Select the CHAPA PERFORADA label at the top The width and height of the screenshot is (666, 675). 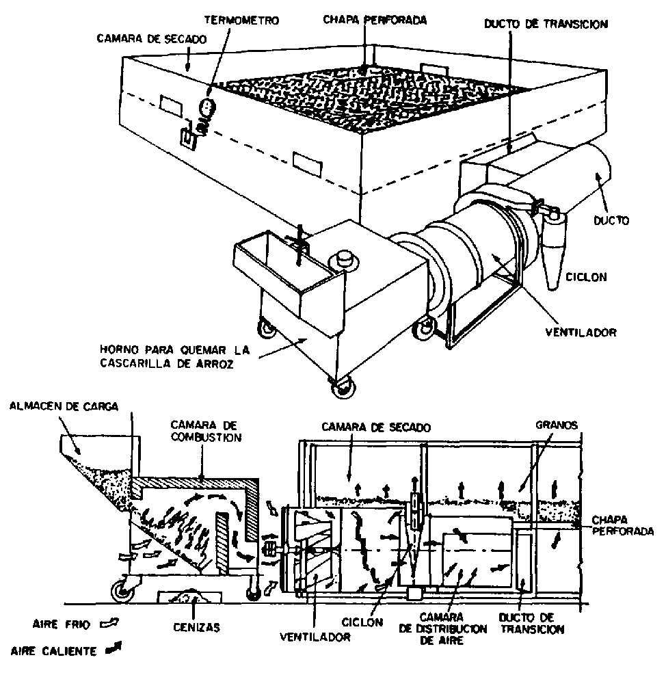point(375,21)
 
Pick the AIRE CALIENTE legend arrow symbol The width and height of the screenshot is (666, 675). point(109,650)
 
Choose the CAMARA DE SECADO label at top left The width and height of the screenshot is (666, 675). point(148,39)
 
